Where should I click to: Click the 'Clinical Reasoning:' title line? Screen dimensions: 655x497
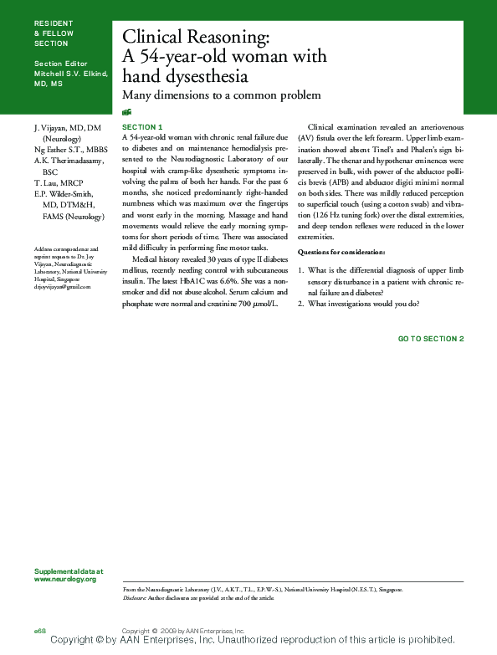196,37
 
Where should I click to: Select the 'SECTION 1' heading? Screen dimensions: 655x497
142,126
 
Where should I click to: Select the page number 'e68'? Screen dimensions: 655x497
39,629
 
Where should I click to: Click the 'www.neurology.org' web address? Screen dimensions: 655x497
65,579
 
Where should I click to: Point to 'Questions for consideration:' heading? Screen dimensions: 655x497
341,252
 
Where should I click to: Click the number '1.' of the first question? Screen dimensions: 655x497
301,270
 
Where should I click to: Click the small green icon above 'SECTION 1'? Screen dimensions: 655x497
126,111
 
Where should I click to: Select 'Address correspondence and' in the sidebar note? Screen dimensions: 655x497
66,249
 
